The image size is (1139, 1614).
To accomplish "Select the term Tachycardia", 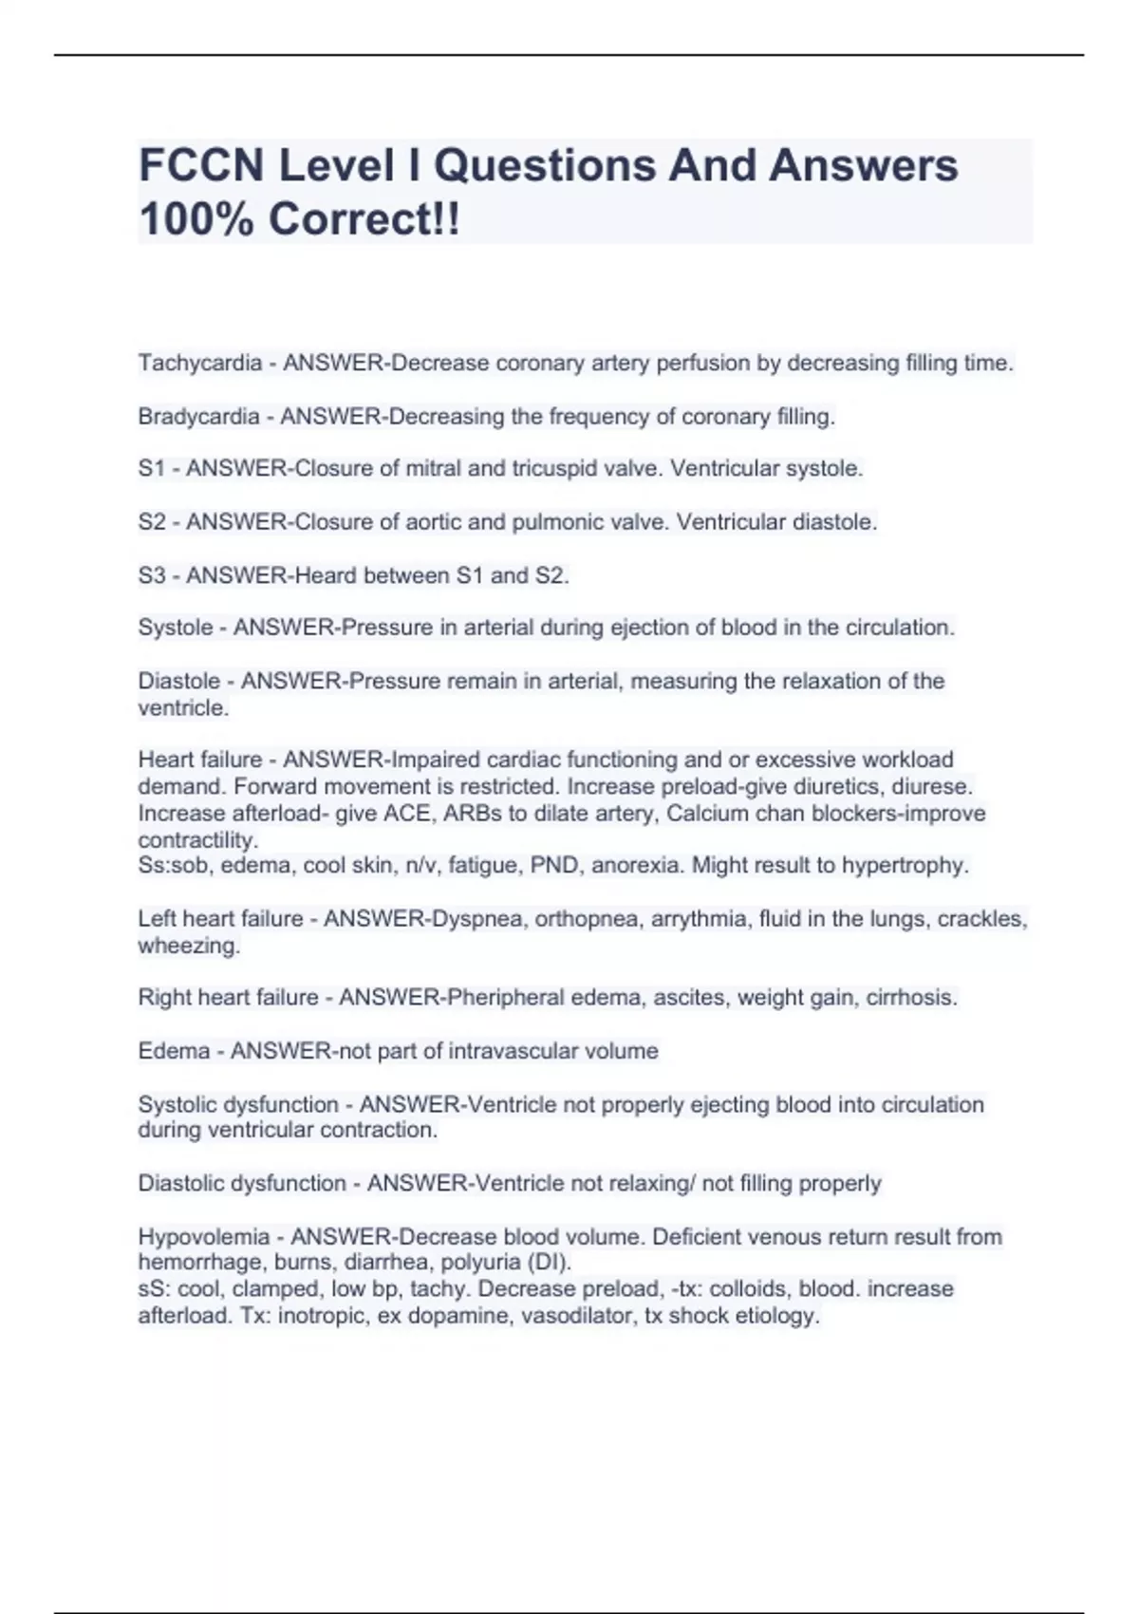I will point(199,363).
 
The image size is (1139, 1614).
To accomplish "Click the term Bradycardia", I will point(198,416).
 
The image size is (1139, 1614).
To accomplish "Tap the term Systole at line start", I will point(176,628).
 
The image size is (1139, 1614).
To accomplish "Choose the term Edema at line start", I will point(174,1051).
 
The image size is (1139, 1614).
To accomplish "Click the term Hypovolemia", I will point(203,1237).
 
